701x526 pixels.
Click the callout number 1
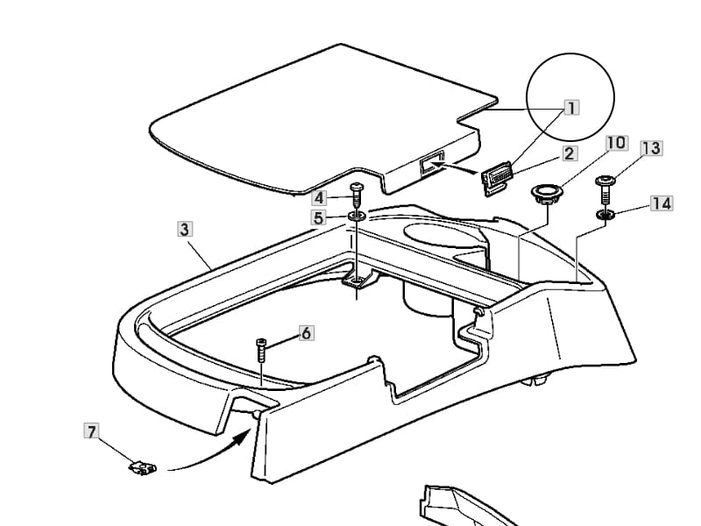[x=571, y=108]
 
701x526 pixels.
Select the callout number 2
[x=569, y=153]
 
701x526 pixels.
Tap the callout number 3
[x=185, y=229]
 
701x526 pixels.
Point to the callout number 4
[x=319, y=198]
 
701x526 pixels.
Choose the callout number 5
[x=319, y=217]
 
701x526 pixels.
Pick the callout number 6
[x=306, y=333]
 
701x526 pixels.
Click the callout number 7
[x=92, y=431]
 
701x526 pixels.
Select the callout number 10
[x=617, y=143]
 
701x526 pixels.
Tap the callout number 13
[x=652, y=148]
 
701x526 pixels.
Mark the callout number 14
[x=662, y=203]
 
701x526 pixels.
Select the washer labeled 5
[x=358, y=216]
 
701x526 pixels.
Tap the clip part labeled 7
[x=143, y=468]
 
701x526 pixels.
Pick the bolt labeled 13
[x=605, y=189]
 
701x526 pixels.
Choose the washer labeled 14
[x=605, y=215]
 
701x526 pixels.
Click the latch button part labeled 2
[x=497, y=181]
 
